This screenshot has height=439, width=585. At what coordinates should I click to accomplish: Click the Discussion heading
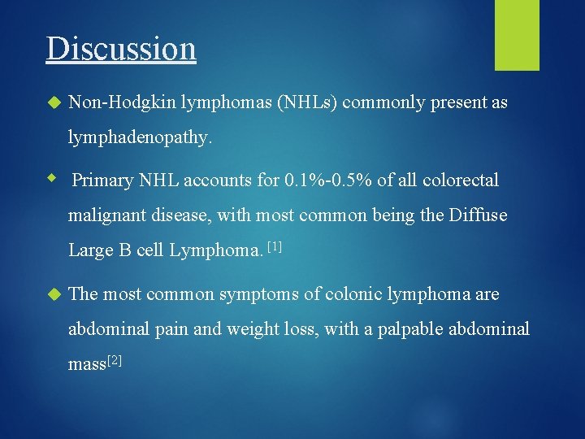pyautogui.click(x=121, y=48)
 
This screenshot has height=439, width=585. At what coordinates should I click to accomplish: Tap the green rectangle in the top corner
pyautogui.click(x=517, y=34)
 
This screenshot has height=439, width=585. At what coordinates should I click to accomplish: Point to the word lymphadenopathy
pyautogui.click(x=140, y=138)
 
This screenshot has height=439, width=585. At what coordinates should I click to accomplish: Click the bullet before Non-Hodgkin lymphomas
pyautogui.click(x=54, y=103)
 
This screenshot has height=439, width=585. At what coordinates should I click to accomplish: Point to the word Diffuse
pyautogui.click(x=479, y=215)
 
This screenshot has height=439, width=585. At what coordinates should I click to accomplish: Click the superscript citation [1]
pyautogui.click(x=273, y=246)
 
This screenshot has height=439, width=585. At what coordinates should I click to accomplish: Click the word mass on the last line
pyautogui.click(x=86, y=364)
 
